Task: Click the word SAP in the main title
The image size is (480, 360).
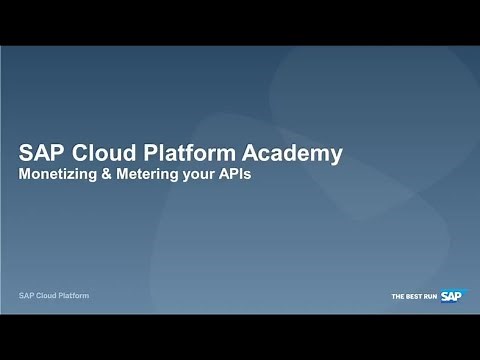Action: tap(41, 153)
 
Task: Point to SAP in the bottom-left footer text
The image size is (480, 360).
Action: tap(28, 296)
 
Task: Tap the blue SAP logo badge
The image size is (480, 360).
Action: tap(453, 295)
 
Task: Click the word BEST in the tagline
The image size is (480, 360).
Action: tap(413, 296)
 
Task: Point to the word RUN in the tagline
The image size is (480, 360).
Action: tap(430, 296)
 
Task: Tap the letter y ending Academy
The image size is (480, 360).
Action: tap(337, 155)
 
